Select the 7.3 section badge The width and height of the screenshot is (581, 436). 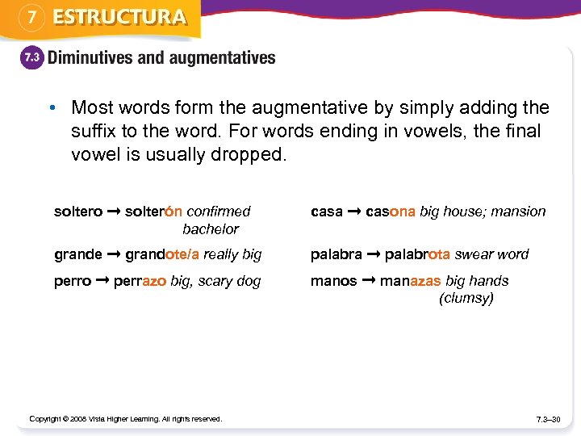pos(31,58)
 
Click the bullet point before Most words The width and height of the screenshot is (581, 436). pos(51,108)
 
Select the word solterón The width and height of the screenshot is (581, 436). pos(153,212)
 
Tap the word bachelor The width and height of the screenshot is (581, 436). pos(211,228)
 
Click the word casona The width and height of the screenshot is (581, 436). pos(391,212)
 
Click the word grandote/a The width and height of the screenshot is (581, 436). pos(162,254)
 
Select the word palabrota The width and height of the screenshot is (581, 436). pos(417,254)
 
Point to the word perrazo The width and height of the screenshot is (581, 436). pos(140,281)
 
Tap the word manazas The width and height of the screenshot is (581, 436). pos(411,281)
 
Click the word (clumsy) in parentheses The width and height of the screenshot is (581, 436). pos(466,298)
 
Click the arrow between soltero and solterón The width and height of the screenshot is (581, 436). pos(114,212)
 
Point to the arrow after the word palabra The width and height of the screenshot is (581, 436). pos(374,254)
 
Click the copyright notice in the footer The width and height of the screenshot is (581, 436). pos(125,418)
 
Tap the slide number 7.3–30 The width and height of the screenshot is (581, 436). pos(548,419)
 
